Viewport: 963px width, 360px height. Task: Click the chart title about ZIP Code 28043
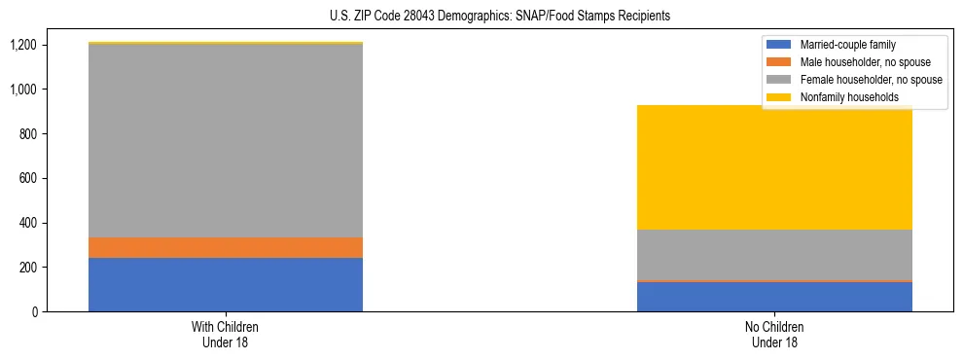point(481,17)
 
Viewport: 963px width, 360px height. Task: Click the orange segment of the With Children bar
point(226,247)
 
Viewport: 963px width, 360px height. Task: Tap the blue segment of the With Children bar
point(226,284)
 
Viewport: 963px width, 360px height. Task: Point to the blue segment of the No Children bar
point(774,297)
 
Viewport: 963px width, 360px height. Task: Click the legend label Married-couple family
point(847,45)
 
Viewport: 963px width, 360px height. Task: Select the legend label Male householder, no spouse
point(865,62)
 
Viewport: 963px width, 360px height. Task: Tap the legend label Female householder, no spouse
point(870,80)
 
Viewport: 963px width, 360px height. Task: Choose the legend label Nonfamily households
point(842,97)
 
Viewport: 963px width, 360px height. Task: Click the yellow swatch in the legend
point(779,97)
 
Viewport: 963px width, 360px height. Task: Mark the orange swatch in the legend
point(779,62)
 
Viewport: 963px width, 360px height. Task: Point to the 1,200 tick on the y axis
point(22,45)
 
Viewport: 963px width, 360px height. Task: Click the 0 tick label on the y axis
point(33,311)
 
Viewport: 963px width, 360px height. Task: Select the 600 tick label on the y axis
point(27,178)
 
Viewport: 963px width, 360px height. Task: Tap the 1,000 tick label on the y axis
point(22,90)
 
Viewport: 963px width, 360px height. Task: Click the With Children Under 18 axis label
point(226,334)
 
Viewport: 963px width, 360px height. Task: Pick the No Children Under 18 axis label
point(774,334)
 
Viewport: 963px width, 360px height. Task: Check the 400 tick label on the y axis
point(27,223)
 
